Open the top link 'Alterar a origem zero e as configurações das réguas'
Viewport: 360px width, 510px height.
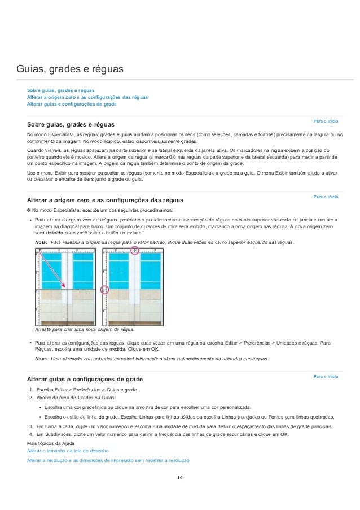tap(87, 97)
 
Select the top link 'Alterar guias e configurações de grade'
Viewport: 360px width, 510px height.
tap(72, 104)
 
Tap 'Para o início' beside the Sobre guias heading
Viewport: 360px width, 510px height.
tap(326, 121)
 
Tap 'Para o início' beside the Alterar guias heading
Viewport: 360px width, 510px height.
tap(326, 376)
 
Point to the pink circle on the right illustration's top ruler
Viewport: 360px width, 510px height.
tap(135, 250)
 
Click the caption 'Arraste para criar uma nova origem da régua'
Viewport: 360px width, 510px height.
tap(85, 329)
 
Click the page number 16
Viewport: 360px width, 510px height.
tap(179, 478)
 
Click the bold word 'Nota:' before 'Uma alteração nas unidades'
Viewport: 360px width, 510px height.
tap(41, 359)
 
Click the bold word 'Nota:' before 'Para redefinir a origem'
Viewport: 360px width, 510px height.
tap(41, 242)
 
